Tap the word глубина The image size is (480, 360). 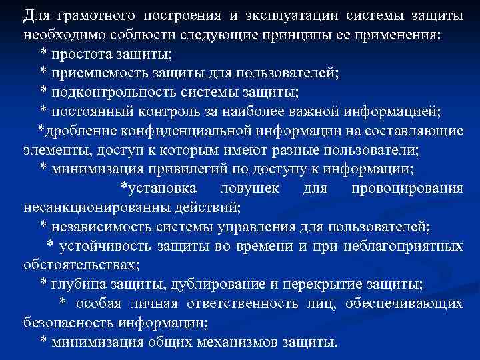pos(75,285)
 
